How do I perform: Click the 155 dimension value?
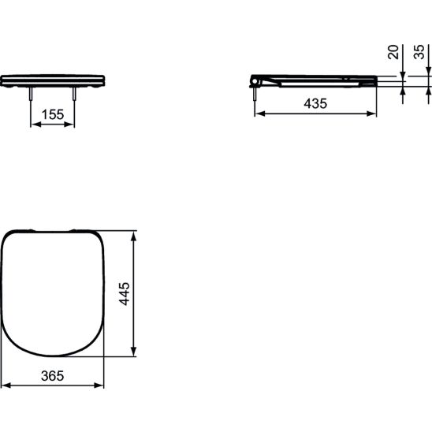53,114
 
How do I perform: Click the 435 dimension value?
315,103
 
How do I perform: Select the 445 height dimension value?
125,294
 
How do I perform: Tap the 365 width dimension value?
52,375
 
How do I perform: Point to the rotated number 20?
393,52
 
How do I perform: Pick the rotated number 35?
419,52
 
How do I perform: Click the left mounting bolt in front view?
31,94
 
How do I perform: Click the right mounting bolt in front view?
74,94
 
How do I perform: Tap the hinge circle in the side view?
255,81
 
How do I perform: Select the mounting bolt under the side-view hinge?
255,94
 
